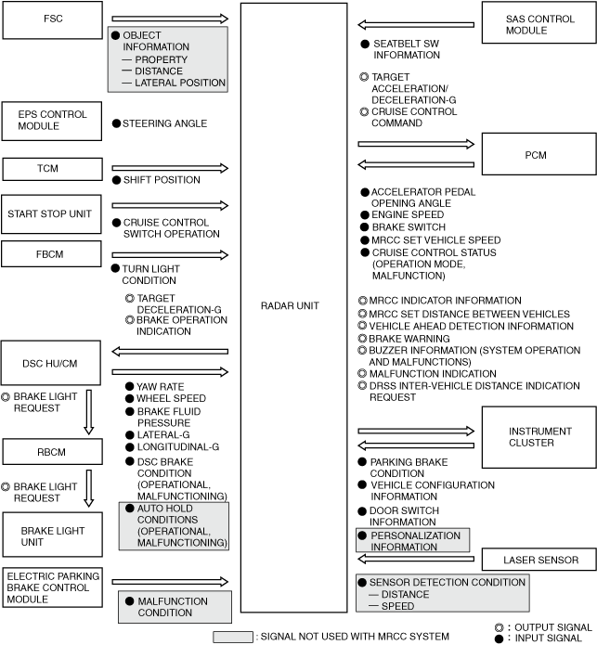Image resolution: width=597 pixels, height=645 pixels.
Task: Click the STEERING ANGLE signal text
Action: (x=164, y=123)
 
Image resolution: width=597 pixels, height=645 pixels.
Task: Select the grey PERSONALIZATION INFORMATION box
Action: (x=413, y=541)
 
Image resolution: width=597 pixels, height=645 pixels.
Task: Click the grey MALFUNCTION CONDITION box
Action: (x=173, y=607)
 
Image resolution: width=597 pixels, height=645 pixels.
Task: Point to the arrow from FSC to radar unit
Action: (x=168, y=19)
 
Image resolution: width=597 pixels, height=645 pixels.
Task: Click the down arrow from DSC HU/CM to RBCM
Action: (x=89, y=412)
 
